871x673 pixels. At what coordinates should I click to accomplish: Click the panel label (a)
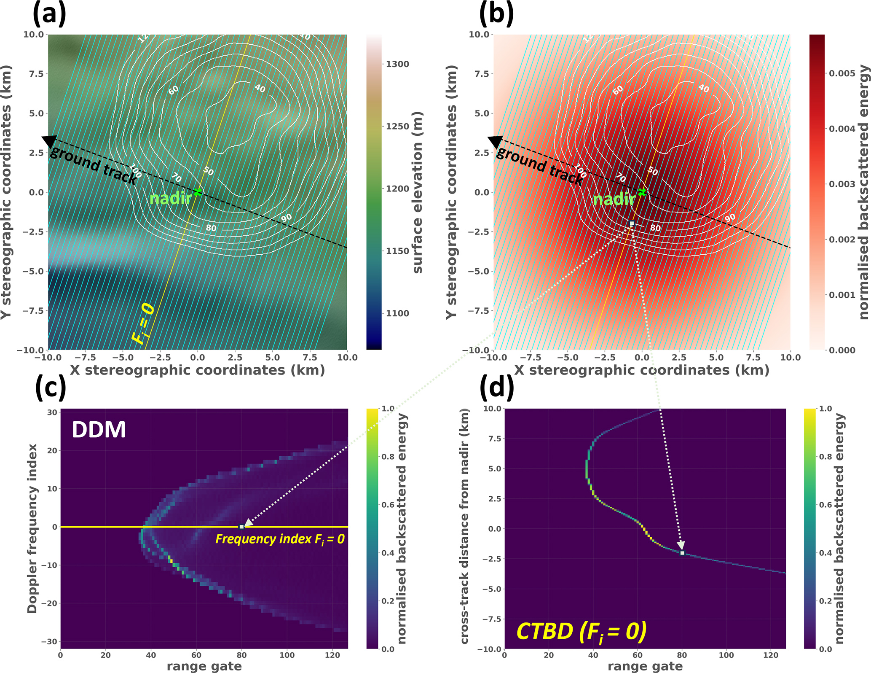click(49, 13)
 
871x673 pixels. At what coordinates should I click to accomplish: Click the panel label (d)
click(497, 386)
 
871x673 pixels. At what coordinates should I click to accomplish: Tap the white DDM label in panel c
click(99, 430)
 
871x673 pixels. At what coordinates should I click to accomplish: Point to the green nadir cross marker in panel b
click(642, 192)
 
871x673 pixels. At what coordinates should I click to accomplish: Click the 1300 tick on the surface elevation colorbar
click(397, 64)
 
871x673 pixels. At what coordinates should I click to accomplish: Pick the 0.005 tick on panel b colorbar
click(842, 73)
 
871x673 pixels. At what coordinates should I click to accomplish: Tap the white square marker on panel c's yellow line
click(241, 527)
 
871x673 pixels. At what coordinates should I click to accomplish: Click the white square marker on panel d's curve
click(682, 553)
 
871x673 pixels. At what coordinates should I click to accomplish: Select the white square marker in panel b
click(632, 223)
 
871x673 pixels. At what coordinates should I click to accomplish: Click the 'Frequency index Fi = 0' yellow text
click(280, 539)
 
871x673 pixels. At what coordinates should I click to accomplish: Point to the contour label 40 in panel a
click(260, 89)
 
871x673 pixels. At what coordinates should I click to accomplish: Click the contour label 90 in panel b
click(730, 218)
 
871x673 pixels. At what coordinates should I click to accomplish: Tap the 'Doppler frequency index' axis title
click(32, 528)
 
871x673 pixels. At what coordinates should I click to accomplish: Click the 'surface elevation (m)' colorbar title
click(417, 192)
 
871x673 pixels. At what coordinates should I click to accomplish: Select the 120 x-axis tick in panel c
click(332, 655)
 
